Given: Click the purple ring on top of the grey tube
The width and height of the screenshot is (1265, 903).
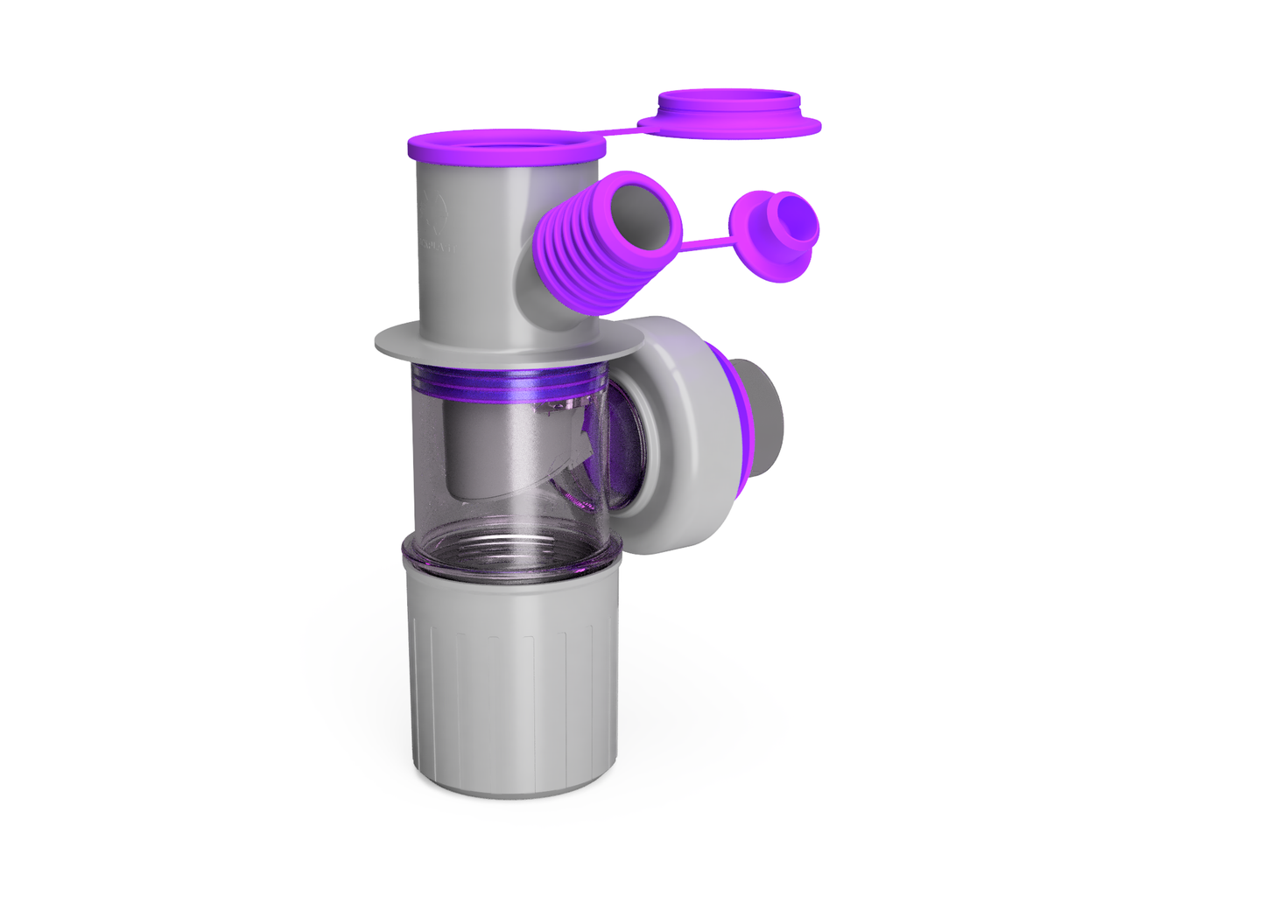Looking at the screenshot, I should [505, 146].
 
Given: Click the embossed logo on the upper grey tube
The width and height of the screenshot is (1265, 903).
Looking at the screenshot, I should [434, 211].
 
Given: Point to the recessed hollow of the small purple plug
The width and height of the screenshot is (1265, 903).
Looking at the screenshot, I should [795, 219].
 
